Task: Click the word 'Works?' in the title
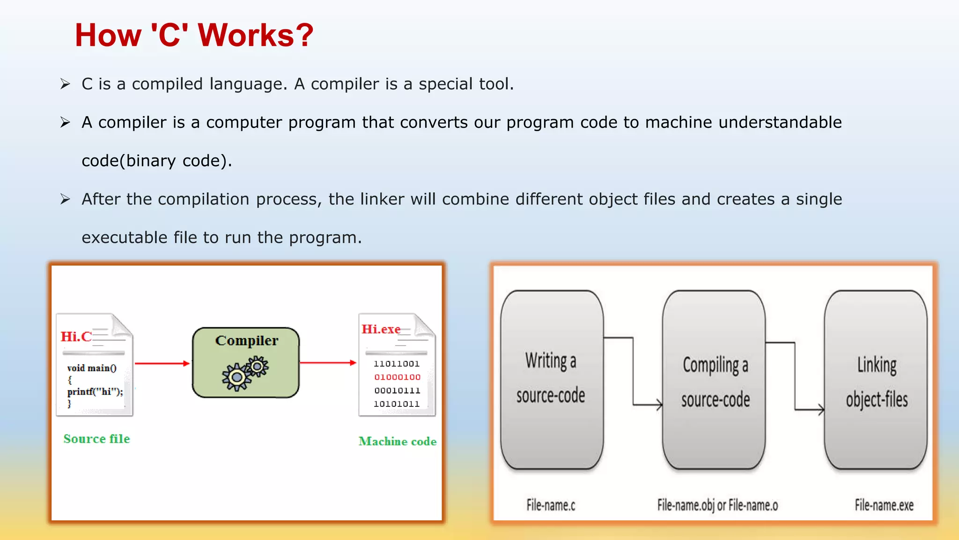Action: [x=256, y=36]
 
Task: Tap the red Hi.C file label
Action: [x=76, y=337]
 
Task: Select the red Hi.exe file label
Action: [x=381, y=329]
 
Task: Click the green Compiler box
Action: [x=246, y=362]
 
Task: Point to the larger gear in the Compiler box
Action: [x=236, y=377]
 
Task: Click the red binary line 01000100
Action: [x=397, y=377]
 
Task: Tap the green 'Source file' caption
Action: [x=96, y=439]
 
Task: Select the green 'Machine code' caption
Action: [x=397, y=442]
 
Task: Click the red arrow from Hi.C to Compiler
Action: [x=162, y=363]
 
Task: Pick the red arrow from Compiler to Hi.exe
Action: [x=328, y=362]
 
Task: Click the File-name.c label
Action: [x=551, y=505]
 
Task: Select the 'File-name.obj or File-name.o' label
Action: [x=717, y=505]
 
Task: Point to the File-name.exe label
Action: [x=884, y=505]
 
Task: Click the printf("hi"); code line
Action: [x=95, y=391]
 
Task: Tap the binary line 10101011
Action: [x=397, y=404]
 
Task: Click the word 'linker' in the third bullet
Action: [x=382, y=199]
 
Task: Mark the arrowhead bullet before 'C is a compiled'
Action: [x=65, y=84]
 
